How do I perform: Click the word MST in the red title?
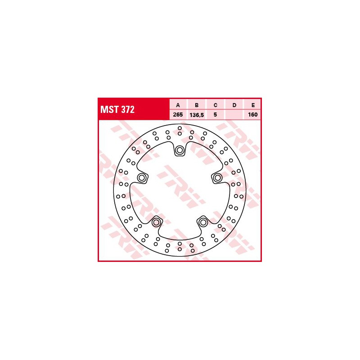tap(109, 110)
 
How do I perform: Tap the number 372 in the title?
tap(126, 110)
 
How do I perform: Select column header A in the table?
tap(178, 105)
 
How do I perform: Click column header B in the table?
tap(197, 105)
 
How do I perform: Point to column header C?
tap(216, 105)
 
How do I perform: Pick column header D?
tap(234, 105)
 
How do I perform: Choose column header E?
tap(252, 105)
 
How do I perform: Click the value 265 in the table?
tap(178, 115)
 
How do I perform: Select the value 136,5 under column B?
tap(197, 115)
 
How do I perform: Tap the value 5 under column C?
tap(216, 115)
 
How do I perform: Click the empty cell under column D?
tap(234, 115)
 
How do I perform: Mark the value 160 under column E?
tap(252, 115)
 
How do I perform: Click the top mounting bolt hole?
tap(180, 150)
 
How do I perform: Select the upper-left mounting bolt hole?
tap(142, 178)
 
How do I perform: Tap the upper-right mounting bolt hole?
tap(217, 178)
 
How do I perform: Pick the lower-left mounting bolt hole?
tap(157, 222)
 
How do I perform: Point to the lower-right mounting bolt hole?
tap(203, 222)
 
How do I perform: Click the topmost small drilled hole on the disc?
tap(180, 128)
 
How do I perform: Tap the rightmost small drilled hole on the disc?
tap(241, 196)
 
